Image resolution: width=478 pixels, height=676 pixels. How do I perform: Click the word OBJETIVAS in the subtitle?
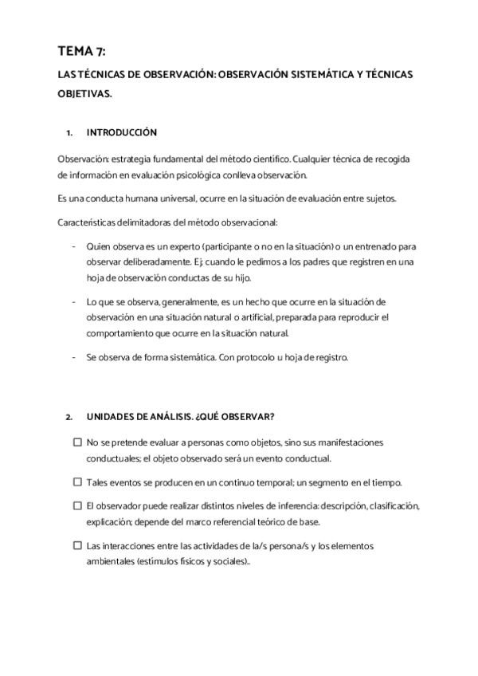[84, 92]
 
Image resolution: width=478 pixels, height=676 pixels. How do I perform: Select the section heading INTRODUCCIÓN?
[121, 132]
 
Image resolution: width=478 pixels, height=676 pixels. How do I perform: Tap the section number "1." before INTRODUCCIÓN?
[69, 132]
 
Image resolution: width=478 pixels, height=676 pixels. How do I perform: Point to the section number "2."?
[69, 416]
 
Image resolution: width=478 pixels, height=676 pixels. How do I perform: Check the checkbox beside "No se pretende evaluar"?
[77, 442]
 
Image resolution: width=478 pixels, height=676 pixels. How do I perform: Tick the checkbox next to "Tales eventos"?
[77, 481]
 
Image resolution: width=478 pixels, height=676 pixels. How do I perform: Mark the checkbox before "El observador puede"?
[77, 505]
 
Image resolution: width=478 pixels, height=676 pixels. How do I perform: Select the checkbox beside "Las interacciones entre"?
[77, 546]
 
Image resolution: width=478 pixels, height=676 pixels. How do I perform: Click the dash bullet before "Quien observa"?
[73, 246]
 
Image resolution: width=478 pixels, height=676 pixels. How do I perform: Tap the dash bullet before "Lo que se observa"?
[73, 302]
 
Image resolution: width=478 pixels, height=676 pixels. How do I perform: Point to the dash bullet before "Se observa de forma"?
[73, 358]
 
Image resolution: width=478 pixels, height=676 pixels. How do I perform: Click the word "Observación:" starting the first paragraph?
[82, 159]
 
